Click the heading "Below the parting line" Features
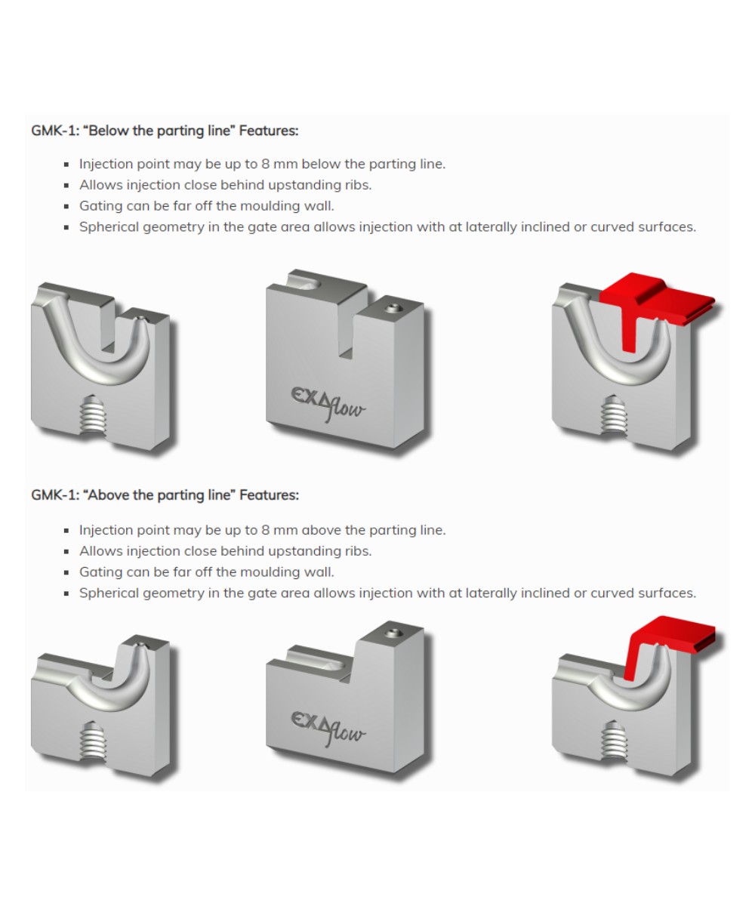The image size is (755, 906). [x=165, y=131]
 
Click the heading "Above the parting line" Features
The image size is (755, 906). [x=165, y=495]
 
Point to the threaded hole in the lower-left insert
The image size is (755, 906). [x=91, y=740]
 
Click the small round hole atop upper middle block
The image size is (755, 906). [x=391, y=308]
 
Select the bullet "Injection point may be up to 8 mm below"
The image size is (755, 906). [x=262, y=164]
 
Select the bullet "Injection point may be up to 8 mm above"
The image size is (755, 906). [x=262, y=530]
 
